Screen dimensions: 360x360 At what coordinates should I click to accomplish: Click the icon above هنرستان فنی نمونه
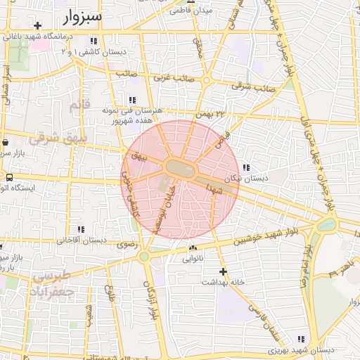[x=133, y=100]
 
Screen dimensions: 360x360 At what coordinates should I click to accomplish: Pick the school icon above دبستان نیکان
[x=246, y=167]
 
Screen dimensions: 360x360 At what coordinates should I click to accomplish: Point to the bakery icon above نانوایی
[x=193, y=247]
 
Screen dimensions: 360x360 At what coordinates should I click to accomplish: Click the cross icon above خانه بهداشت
[x=223, y=271]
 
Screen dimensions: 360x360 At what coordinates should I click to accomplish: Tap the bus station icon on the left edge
[x=9, y=177]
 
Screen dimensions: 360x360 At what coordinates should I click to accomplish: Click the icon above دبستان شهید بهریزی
[x=302, y=340]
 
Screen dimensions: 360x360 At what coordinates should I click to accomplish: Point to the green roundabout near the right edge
[x=326, y=225]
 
